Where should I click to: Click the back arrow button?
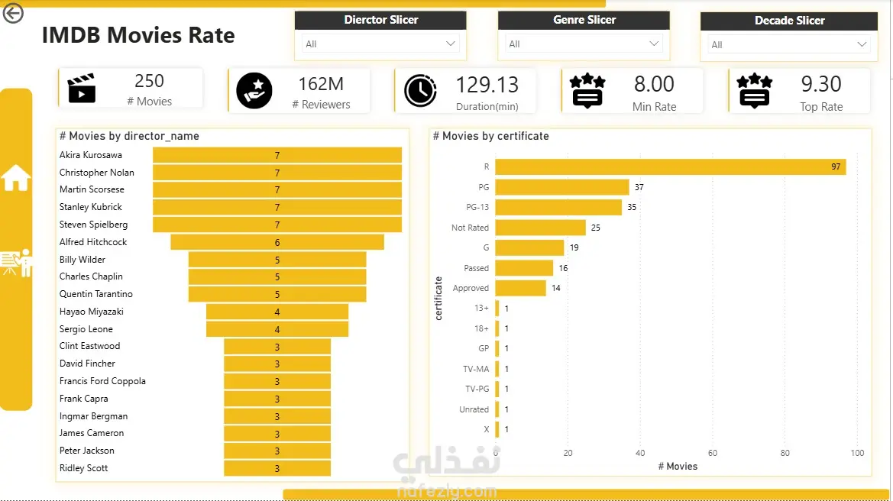[12, 13]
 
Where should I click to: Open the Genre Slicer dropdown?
[583, 44]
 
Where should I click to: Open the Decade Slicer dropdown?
[789, 44]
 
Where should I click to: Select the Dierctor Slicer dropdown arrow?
[451, 44]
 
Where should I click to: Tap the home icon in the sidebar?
[16, 177]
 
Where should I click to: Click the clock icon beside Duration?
[420, 91]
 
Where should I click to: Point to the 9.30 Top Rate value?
[820, 84]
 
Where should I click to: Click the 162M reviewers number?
[321, 84]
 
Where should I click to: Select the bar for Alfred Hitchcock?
[277, 243]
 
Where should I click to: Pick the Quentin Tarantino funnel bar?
[277, 294]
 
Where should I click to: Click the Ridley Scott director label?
[83, 468]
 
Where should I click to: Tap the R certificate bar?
[670, 166]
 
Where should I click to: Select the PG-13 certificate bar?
[558, 207]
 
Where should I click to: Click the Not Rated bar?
[541, 228]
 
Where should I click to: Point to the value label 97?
[836, 166]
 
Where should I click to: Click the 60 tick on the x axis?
[713, 453]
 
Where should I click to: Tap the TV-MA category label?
[476, 369]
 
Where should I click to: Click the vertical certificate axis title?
[438, 299]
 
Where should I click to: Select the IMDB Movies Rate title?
[138, 35]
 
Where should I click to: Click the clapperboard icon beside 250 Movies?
[82, 89]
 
